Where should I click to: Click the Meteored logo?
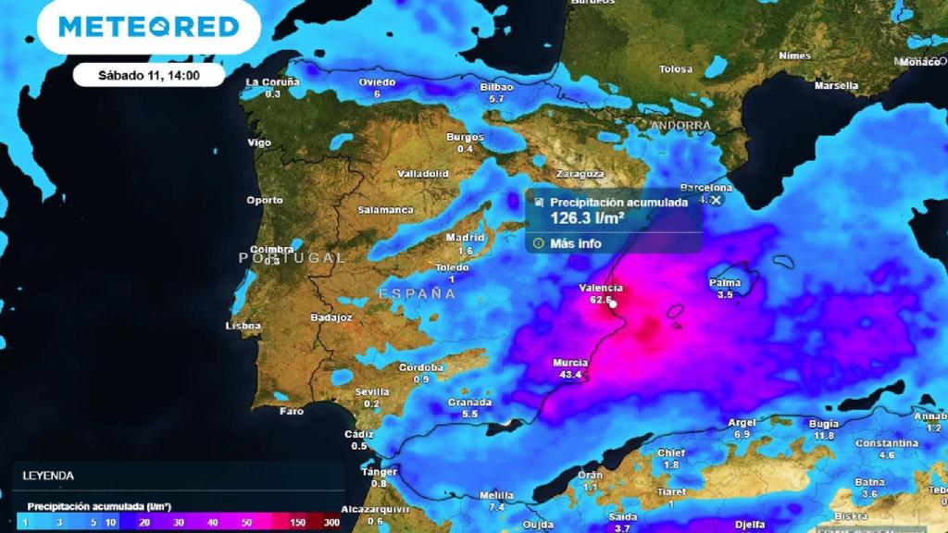(x=149, y=27)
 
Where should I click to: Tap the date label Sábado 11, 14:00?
(x=149, y=75)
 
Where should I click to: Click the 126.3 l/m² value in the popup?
(x=587, y=218)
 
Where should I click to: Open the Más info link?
(x=575, y=243)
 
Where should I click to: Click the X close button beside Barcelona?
(x=716, y=199)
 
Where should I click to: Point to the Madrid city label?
(x=465, y=238)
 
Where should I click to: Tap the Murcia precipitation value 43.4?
(x=571, y=375)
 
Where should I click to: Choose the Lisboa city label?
(x=243, y=326)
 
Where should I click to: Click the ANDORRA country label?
(x=680, y=125)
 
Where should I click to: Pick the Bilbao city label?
(x=496, y=87)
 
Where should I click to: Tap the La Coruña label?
(x=272, y=82)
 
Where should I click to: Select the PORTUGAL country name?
(x=293, y=257)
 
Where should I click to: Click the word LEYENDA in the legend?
(x=49, y=476)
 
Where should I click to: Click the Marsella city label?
(x=836, y=86)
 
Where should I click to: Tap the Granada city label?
(x=469, y=403)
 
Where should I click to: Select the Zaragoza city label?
(x=580, y=174)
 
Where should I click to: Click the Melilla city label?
(x=497, y=495)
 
